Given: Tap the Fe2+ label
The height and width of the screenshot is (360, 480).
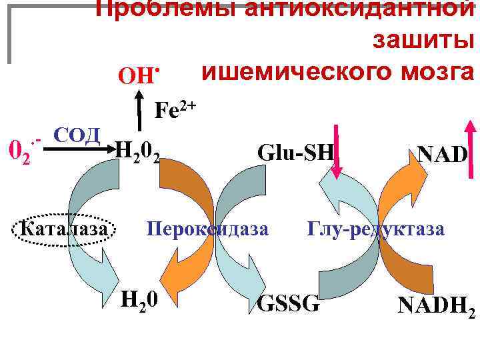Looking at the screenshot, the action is pyautogui.click(x=175, y=109).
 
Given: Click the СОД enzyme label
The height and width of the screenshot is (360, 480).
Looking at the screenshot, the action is pyautogui.click(x=75, y=134).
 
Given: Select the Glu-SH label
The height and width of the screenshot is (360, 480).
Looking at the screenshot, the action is pyautogui.click(x=295, y=153).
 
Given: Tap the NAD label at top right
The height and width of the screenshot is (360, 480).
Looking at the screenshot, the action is pyautogui.click(x=442, y=155).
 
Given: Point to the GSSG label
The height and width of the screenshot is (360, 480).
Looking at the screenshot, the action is pyautogui.click(x=289, y=303).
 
